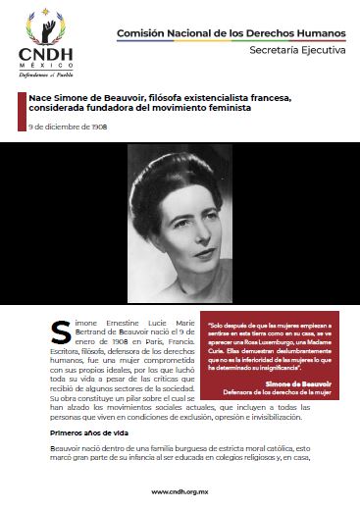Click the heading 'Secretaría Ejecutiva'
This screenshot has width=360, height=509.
point(294,49)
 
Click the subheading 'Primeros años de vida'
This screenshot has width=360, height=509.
point(82,432)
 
